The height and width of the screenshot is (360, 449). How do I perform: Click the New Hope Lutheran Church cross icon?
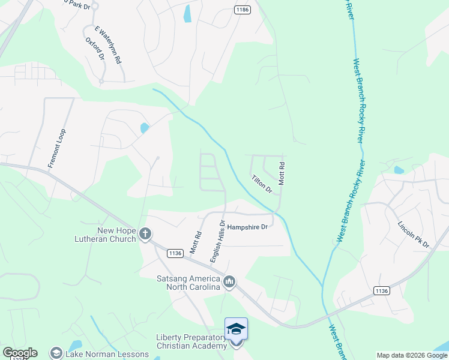point(145,233)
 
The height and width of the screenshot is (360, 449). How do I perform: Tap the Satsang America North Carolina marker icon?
point(229,281)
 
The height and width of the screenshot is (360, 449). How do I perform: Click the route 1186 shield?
point(242,10)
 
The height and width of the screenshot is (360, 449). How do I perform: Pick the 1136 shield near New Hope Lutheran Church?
point(175,254)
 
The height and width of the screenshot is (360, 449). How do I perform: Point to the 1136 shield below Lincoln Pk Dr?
point(381,290)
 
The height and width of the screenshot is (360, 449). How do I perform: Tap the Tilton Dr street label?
point(262,184)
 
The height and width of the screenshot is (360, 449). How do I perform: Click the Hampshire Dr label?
point(247,227)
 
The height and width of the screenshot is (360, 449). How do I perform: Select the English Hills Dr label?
point(217,240)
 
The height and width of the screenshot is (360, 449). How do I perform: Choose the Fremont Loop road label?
point(56,148)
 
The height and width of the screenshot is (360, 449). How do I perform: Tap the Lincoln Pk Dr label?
point(414,235)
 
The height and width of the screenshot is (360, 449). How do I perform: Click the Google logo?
point(20,353)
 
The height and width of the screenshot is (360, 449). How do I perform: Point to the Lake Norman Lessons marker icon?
point(56,353)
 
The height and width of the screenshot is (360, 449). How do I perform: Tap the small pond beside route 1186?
point(187,13)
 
